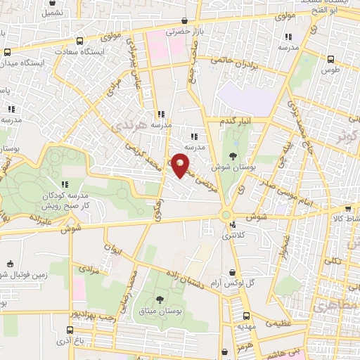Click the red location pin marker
click(x=181, y=165)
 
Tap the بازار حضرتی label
click(x=184, y=32)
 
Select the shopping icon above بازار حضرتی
click(x=184, y=20)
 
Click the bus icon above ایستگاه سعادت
click(x=79, y=41)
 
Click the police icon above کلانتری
click(x=233, y=225)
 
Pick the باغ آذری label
click(x=70, y=340)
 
